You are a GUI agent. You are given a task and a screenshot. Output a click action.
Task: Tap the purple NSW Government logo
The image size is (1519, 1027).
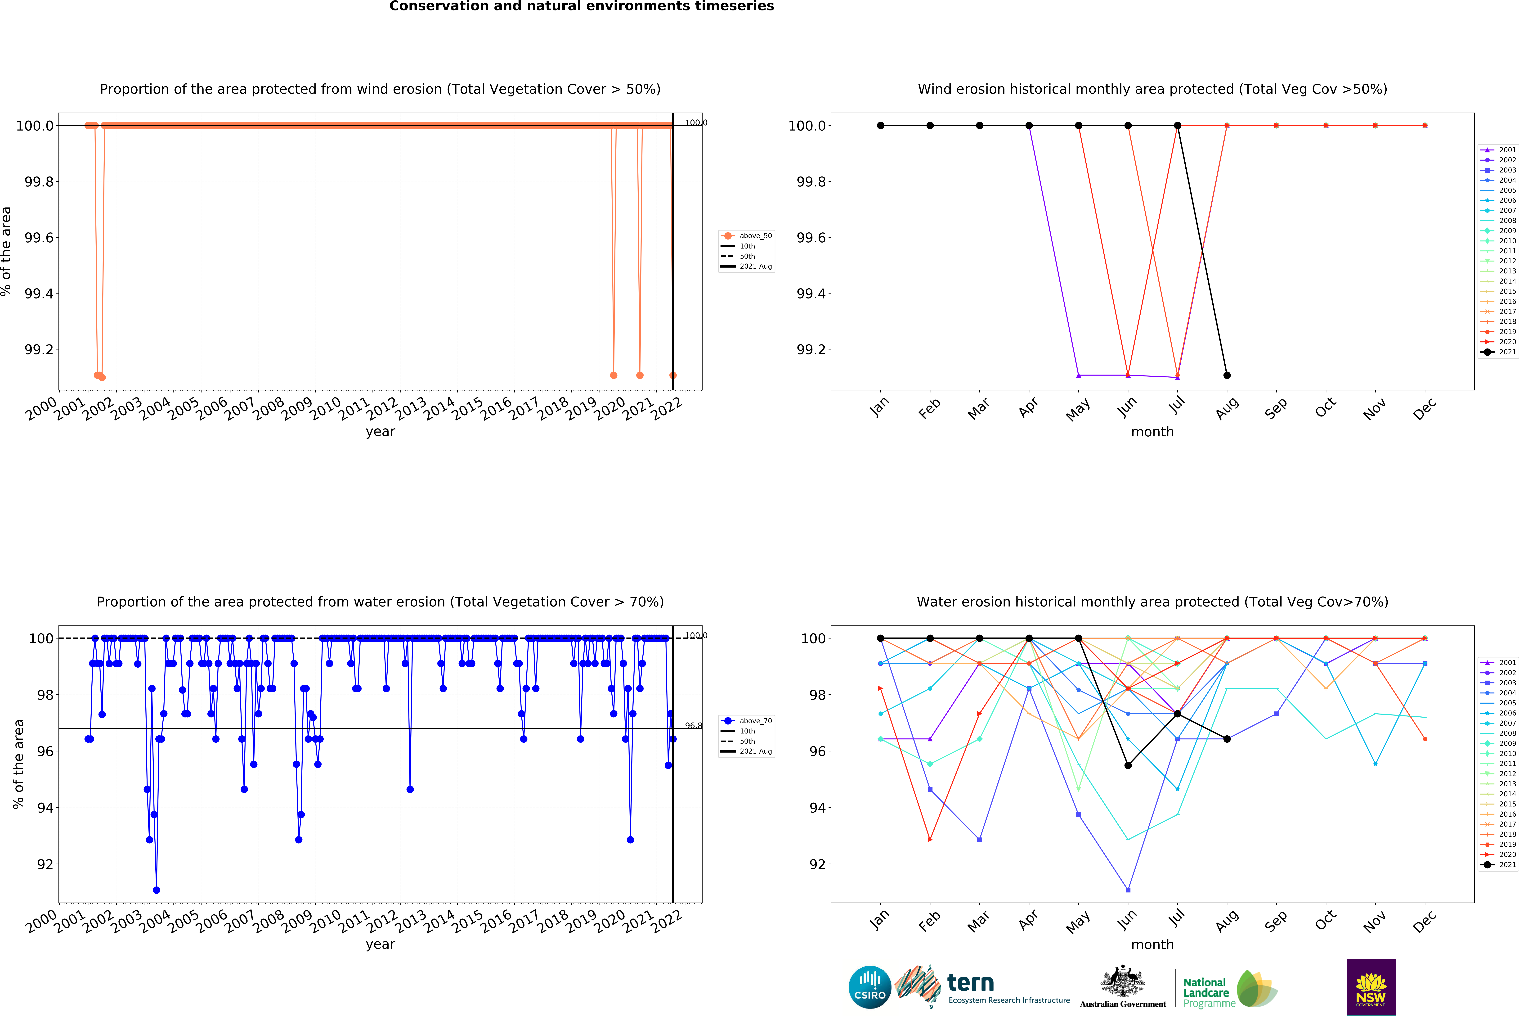pos(1371,987)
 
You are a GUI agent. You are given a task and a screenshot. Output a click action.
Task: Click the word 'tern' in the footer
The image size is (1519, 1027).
pos(971,982)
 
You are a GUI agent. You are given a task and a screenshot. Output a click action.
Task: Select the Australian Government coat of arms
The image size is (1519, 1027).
pos(1122,981)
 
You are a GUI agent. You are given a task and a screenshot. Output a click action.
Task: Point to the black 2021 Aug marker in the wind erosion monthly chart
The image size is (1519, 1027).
pos(1227,375)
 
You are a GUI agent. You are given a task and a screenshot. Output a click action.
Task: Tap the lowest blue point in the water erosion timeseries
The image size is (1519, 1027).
pos(156,890)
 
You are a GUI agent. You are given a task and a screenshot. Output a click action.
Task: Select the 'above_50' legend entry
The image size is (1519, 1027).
pos(755,236)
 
